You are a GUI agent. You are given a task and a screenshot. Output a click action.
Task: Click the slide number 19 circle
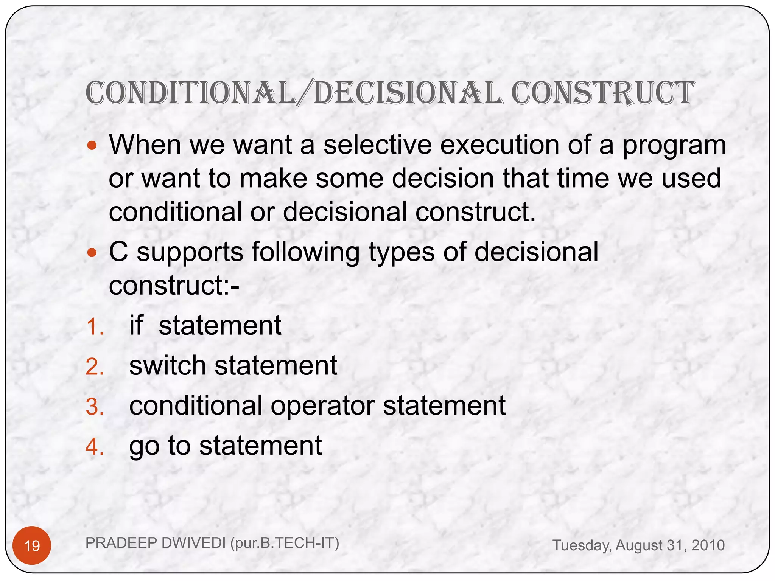tap(32, 545)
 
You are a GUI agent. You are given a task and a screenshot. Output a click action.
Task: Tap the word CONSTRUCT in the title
tap(602, 93)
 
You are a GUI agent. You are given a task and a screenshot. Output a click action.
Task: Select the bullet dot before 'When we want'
tap(92, 145)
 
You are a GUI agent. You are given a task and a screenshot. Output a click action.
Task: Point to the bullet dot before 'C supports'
tap(92, 252)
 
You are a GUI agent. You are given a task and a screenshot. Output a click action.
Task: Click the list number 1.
tap(95, 326)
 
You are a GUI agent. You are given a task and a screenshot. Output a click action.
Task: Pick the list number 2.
tap(95, 367)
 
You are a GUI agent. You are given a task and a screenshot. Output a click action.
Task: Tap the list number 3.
tap(95, 407)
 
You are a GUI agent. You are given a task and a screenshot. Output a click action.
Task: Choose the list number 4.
tap(95, 447)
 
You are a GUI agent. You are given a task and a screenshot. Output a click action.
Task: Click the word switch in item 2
tap(167, 365)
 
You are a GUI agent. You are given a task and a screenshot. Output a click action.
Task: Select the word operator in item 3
tap(322, 406)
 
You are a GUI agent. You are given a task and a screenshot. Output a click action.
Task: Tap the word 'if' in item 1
tap(136, 325)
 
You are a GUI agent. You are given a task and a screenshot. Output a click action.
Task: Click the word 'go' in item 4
tap(144, 447)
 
